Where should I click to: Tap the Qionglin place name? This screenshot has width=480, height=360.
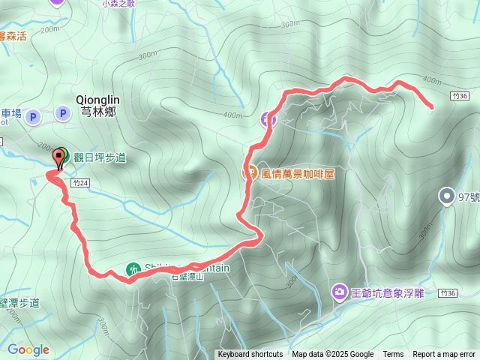97,98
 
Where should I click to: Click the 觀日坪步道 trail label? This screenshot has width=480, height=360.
99,157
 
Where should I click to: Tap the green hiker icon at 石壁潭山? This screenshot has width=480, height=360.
132,268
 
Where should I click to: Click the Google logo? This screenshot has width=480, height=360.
28,349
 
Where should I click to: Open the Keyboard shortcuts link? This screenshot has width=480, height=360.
250,355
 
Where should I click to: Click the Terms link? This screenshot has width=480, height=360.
393,355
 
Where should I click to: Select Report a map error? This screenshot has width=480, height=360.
444,355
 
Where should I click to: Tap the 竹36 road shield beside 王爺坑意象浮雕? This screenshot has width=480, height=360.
448,294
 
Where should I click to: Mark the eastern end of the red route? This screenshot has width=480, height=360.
432,108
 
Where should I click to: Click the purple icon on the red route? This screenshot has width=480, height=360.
268,118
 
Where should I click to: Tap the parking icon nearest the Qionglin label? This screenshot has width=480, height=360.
63,114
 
